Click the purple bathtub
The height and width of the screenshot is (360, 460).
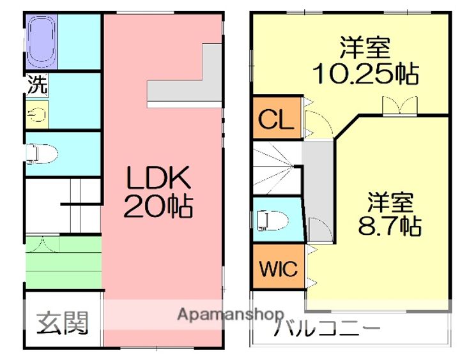coord(42,41)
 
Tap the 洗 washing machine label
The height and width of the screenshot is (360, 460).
coord(37,85)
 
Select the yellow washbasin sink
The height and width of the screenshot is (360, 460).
coord(37,115)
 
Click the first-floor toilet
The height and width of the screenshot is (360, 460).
coord(42,153)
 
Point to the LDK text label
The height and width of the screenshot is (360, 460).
coord(158,177)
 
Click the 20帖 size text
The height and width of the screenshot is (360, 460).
coord(158,206)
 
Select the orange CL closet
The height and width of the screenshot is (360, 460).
coord(277,118)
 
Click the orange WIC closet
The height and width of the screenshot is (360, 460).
coord(279,266)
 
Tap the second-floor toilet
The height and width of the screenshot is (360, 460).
coord(272,220)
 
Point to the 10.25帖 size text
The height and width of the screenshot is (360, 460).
coord(365,73)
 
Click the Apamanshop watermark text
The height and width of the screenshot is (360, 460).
coord(231,315)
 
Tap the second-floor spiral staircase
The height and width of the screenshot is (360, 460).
coord(277,168)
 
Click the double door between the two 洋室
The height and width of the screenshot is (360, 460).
coord(400,106)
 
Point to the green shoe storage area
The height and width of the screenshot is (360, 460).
coord(64,262)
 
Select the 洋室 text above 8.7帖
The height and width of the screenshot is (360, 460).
coord(390,202)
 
